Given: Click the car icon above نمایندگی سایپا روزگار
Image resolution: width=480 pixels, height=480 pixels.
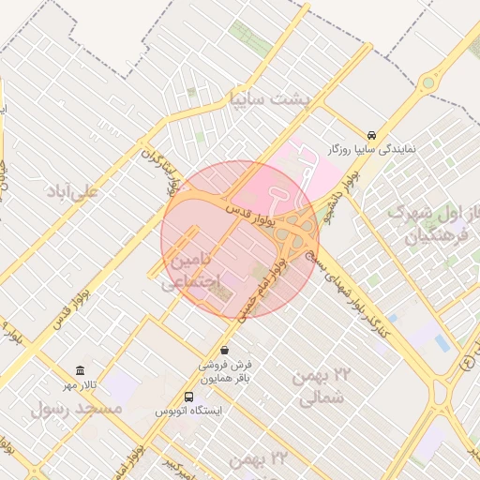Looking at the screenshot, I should click(x=372, y=135).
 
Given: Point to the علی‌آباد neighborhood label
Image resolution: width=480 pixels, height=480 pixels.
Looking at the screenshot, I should click(x=72, y=190).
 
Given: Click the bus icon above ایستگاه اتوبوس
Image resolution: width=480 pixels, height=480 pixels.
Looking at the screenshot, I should click(x=189, y=397).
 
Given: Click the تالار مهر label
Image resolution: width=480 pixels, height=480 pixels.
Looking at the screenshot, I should click(x=81, y=385).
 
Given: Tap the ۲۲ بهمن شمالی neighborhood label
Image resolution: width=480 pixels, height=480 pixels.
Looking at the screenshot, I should click(x=319, y=386).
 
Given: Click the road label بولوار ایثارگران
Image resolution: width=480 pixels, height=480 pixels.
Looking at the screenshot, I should click(x=159, y=167).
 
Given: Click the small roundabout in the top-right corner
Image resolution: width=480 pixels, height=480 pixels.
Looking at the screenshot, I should click(x=428, y=82).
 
